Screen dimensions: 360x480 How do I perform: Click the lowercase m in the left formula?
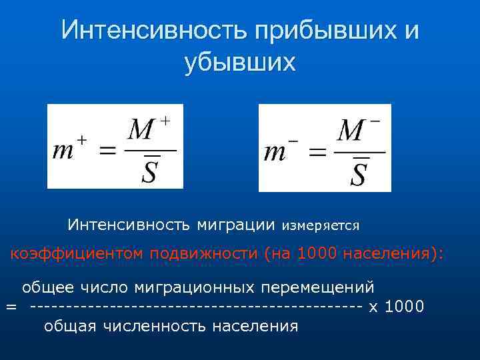coord(63,151)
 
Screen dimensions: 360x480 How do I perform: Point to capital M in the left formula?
coord(141,130)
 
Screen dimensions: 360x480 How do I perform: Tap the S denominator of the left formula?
coord(151,171)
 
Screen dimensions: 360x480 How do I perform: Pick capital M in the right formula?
coord(351,131)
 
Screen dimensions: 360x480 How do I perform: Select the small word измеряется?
coord(321,226)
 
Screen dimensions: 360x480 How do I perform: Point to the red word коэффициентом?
coord(77,253)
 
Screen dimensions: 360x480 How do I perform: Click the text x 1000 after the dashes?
coord(396,307)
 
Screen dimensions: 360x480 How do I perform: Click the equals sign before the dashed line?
coord(11,307)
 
